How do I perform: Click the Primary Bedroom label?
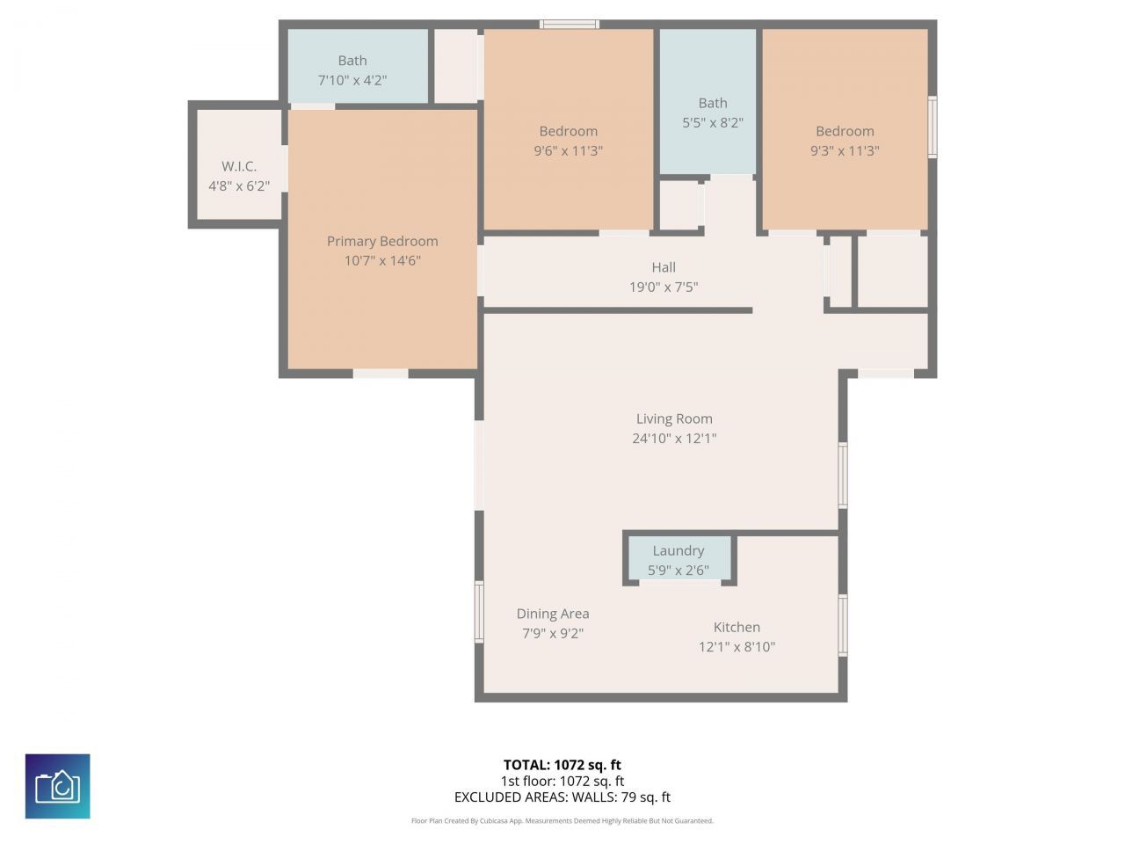click(382, 241)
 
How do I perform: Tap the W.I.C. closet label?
click(239, 166)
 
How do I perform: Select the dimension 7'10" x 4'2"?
click(352, 80)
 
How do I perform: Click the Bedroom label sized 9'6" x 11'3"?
click(568, 131)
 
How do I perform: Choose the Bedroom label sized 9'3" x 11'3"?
click(845, 131)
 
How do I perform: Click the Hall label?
click(664, 267)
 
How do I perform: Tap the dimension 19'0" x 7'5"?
click(664, 287)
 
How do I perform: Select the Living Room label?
click(674, 418)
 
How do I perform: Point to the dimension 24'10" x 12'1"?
click(674, 438)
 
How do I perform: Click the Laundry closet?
click(679, 559)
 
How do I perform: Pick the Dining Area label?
click(553, 614)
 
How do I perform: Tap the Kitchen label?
click(737, 627)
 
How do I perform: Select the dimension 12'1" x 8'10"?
click(737, 647)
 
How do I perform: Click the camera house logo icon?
click(58, 786)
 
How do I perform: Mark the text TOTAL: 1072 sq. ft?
click(562, 765)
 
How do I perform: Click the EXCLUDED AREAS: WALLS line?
click(562, 797)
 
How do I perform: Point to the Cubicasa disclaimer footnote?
click(562, 821)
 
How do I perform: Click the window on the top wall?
click(570, 24)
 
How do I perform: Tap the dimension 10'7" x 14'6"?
click(382, 260)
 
